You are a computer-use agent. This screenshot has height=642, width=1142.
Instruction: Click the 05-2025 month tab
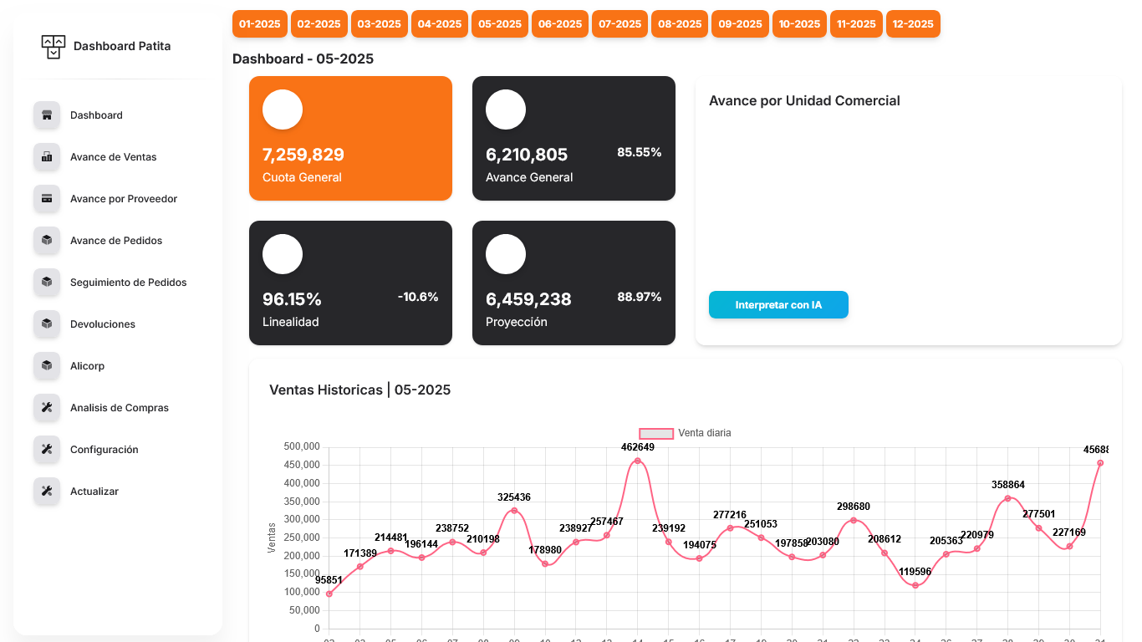(500, 23)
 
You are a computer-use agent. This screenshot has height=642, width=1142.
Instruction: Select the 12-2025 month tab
(913, 23)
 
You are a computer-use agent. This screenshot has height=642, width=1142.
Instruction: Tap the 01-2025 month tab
(260, 23)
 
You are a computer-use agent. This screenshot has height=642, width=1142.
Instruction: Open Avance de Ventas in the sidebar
(113, 157)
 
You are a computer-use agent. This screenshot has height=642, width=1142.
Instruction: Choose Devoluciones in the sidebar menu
(102, 324)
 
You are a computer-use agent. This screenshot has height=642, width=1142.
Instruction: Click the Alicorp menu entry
(87, 366)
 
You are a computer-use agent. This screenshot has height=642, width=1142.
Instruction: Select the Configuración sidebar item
(104, 450)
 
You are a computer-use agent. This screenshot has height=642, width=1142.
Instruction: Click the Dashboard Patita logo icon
(53, 47)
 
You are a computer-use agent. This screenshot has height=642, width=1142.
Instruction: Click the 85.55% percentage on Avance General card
(639, 152)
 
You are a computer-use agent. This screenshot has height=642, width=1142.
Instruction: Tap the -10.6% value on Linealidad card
(418, 297)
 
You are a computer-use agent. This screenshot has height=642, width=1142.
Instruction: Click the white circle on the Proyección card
(506, 254)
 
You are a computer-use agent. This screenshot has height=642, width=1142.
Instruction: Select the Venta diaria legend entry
(685, 433)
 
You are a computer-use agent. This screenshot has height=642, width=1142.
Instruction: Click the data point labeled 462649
(638, 461)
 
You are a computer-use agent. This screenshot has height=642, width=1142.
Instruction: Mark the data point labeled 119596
(915, 585)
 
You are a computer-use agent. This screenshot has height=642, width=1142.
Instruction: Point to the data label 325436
(513, 497)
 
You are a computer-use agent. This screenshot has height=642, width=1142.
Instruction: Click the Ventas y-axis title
(272, 538)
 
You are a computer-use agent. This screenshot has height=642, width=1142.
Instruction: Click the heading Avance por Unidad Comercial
(804, 101)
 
